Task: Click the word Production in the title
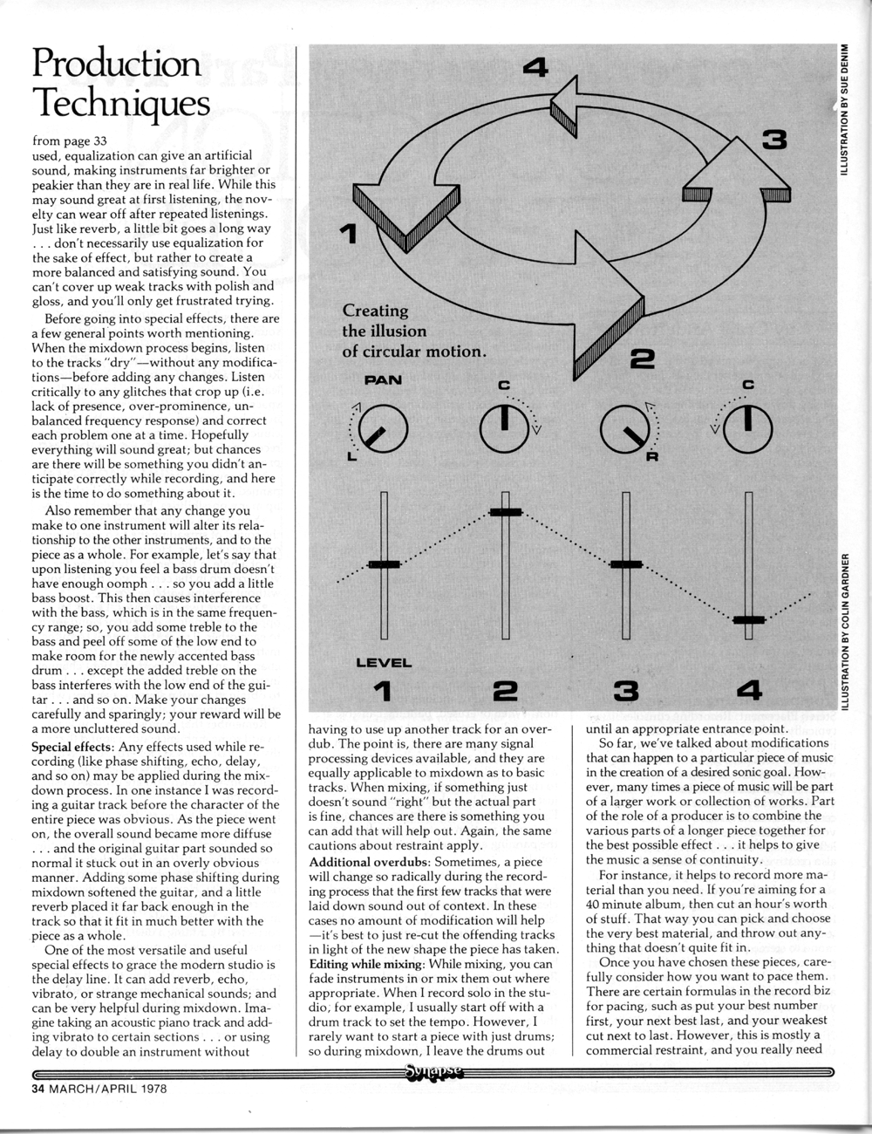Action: [115, 63]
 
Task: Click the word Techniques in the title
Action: [120, 105]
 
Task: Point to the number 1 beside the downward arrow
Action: [348, 234]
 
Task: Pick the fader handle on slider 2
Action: [505, 512]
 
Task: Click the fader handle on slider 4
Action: [748, 619]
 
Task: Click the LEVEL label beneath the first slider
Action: [384, 663]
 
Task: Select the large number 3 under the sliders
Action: [626, 693]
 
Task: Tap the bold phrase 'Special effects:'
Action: [72, 748]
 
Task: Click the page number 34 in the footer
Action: [38, 1089]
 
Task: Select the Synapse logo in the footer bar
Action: [433, 1072]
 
